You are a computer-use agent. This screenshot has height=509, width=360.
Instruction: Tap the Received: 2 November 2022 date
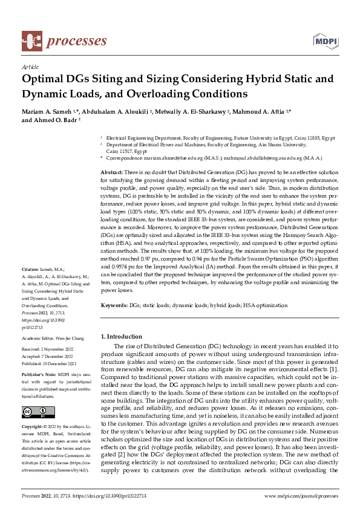coord(48,350)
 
